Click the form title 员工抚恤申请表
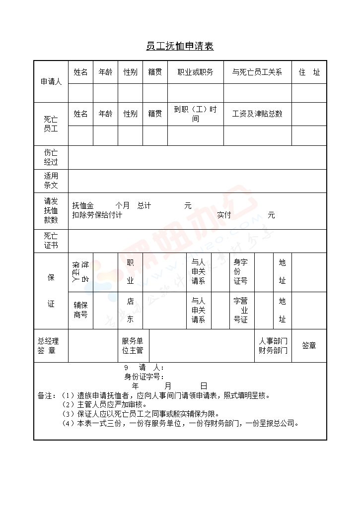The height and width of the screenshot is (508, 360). tap(180, 47)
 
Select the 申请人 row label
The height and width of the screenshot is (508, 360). tap(51, 82)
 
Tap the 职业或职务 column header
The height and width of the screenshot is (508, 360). tap(195, 72)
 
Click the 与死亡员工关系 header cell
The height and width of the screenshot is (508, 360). tap(257, 72)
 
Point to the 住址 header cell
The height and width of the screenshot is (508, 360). tap(309, 72)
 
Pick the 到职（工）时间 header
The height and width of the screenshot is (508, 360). tap(195, 114)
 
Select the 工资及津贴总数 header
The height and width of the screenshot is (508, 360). tap(257, 114)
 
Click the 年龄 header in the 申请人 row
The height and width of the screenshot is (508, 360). tap(105, 72)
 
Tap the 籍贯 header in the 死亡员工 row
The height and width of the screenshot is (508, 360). tap(155, 114)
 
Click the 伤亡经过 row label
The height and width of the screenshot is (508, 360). tap(51, 157)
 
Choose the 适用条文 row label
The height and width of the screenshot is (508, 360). tap(51, 181)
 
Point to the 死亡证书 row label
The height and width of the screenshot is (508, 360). tap(51, 241)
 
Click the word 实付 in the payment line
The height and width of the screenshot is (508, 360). tap(224, 215)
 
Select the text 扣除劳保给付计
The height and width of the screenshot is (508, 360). tap(97, 215)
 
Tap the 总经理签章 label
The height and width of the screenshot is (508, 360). tap(48, 346)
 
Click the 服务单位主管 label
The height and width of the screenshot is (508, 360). tap(133, 346)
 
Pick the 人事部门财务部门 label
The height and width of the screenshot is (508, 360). tap(273, 346)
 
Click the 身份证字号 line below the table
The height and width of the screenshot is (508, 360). tap(144, 377)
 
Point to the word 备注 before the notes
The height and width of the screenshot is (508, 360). tap(45, 396)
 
